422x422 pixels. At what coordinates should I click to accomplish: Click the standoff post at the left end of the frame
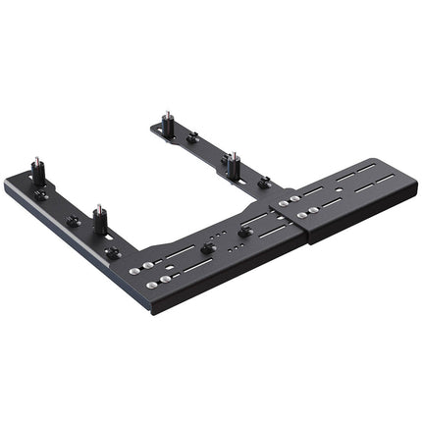coord(38,172)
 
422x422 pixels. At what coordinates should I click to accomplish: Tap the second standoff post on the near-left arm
coord(100,219)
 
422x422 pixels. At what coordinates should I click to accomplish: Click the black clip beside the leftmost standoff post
coord(41,195)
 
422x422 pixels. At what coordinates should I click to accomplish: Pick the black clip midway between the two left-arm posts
coord(73,220)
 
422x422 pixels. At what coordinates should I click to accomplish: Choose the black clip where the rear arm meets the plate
coord(264,182)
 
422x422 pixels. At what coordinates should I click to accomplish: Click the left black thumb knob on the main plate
coord(208,247)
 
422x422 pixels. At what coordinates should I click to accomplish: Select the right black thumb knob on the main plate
coord(244,230)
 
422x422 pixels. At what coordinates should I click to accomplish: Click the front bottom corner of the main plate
coord(151,312)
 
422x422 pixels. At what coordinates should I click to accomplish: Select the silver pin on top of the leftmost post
coord(38,158)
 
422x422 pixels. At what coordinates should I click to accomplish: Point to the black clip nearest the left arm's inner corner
coord(112,252)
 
